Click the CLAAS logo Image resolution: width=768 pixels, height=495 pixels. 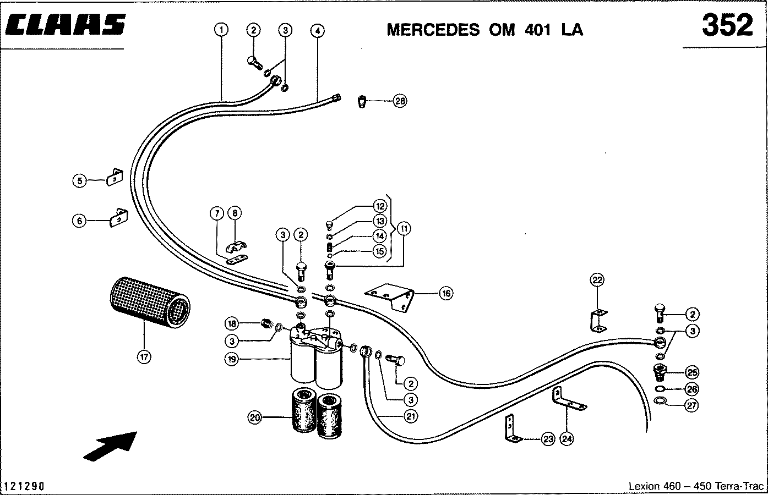[65, 25]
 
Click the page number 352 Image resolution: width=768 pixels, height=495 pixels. [728, 25]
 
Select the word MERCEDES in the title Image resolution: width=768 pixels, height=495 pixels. [433, 30]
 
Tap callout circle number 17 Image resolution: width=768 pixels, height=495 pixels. [144, 358]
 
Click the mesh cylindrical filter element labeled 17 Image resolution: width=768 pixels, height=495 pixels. [150, 302]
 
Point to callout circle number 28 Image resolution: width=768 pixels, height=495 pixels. [400, 101]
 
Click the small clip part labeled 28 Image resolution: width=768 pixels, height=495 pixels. [362, 102]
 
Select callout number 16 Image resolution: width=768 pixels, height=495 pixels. [446, 293]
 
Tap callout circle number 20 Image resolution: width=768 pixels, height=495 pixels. [254, 417]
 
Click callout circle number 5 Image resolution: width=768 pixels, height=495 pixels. [79, 180]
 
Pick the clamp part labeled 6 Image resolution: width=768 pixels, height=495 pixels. [118, 218]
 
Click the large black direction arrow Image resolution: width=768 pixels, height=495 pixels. [111, 446]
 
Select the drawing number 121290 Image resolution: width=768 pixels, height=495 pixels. [24, 486]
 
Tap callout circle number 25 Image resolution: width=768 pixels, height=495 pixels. [692, 372]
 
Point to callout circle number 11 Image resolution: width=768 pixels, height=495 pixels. [404, 228]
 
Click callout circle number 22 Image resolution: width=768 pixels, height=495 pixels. [597, 280]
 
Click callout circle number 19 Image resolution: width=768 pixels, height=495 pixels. [232, 359]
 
